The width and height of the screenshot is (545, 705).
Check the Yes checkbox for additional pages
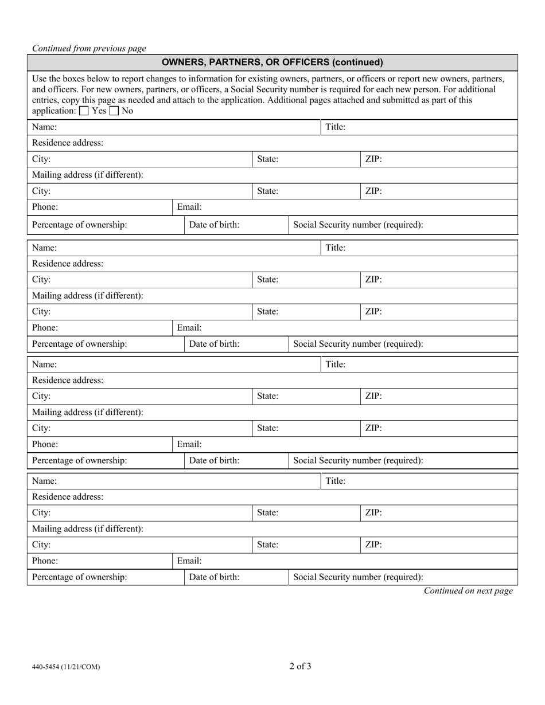pos(84,111)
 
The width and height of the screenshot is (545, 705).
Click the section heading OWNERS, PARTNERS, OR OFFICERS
pos(272,62)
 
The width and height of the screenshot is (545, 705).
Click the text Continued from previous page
pos(89,49)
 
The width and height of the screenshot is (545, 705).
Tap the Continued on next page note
pos(468,591)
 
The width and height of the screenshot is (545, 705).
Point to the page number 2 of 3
pos(301,666)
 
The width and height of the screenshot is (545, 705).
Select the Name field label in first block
pos(44,127)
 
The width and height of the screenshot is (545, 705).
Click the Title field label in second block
pos(336,248)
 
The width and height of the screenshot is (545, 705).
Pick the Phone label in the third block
pos(45,444)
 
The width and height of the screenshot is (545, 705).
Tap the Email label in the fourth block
pos(189,561)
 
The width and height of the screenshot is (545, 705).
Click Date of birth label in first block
pos(215,225)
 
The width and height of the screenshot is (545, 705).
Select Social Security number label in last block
pos(359,577)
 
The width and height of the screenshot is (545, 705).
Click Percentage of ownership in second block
pos(80,344)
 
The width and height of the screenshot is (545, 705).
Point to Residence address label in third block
pos(68,380)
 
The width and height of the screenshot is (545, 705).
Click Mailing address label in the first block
pos(88,175)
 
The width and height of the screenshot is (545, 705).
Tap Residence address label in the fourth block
pos(68,497)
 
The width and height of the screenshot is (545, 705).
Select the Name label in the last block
pos(44,481)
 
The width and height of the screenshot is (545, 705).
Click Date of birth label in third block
pos(215,460)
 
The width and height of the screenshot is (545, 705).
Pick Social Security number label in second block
pos(359,344)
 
